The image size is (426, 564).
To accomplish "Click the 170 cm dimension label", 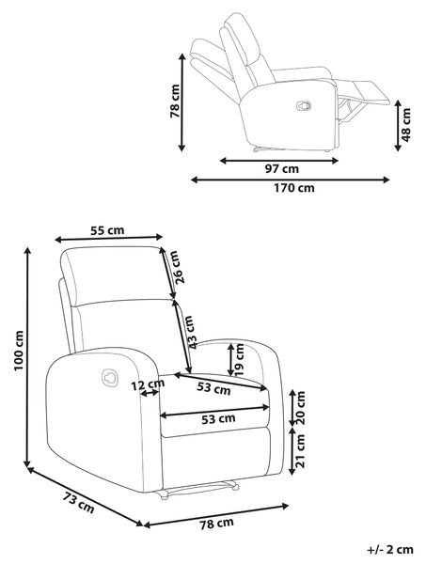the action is pyautogui.click(x=294, y=188).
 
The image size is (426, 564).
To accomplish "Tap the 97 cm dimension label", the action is pyautogui.click(x=282, y=168).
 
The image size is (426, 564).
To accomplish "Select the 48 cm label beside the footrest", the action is pyautogui.click(x=405, y=125).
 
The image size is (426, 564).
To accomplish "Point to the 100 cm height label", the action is pyautogui.click(x=18, y=351).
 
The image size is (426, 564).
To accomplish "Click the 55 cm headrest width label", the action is pyautogui.click(x=107, y=230).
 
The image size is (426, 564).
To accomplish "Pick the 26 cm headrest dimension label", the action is pyautogui.click(x=178, y=267).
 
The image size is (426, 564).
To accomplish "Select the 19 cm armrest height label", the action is pyautogui.click(x=239, y=360).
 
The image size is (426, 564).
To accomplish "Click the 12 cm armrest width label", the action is pyautogui.click(x=148, y=384).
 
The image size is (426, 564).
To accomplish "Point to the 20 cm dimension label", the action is pyautogui.click(x=299, y=408).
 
